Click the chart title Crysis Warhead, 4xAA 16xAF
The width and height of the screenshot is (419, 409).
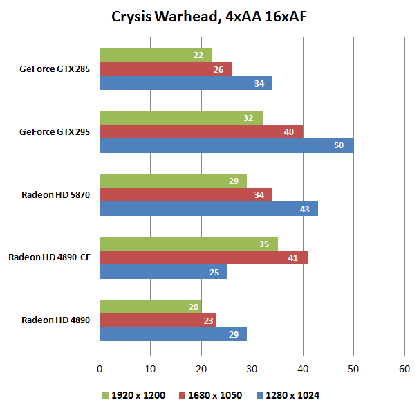[x=209, y=16]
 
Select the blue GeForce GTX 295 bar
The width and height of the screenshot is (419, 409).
[x=227, y=145]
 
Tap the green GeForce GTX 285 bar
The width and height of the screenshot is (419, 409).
[x=156, y=55]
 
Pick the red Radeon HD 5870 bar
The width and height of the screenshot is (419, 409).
[x=186, y=194]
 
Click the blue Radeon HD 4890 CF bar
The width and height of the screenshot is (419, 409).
[x=163, y=272]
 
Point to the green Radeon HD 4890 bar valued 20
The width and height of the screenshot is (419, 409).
[x=151, y=307]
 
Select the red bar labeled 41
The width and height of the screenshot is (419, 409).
[x=204, y=257]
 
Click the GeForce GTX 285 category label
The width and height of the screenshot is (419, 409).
[x=55, y=69]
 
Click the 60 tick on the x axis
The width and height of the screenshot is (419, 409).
[x=404, y=369]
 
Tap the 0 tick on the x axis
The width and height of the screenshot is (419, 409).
[x=100, y=369]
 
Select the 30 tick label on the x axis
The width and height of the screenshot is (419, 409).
[x=252, y=369]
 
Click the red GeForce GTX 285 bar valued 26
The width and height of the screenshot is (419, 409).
[x=166, y=69]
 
